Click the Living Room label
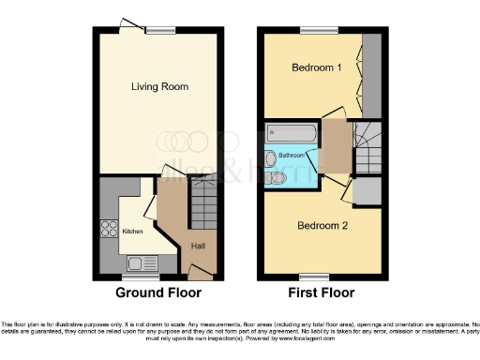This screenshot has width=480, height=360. (159, 87)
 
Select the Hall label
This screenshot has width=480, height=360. (198, 246)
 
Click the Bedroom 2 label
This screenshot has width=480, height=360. (322, 226)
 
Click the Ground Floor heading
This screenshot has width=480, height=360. (158, 293)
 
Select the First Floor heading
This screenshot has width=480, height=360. (323, 293)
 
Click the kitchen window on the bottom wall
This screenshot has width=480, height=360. (138, 277)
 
